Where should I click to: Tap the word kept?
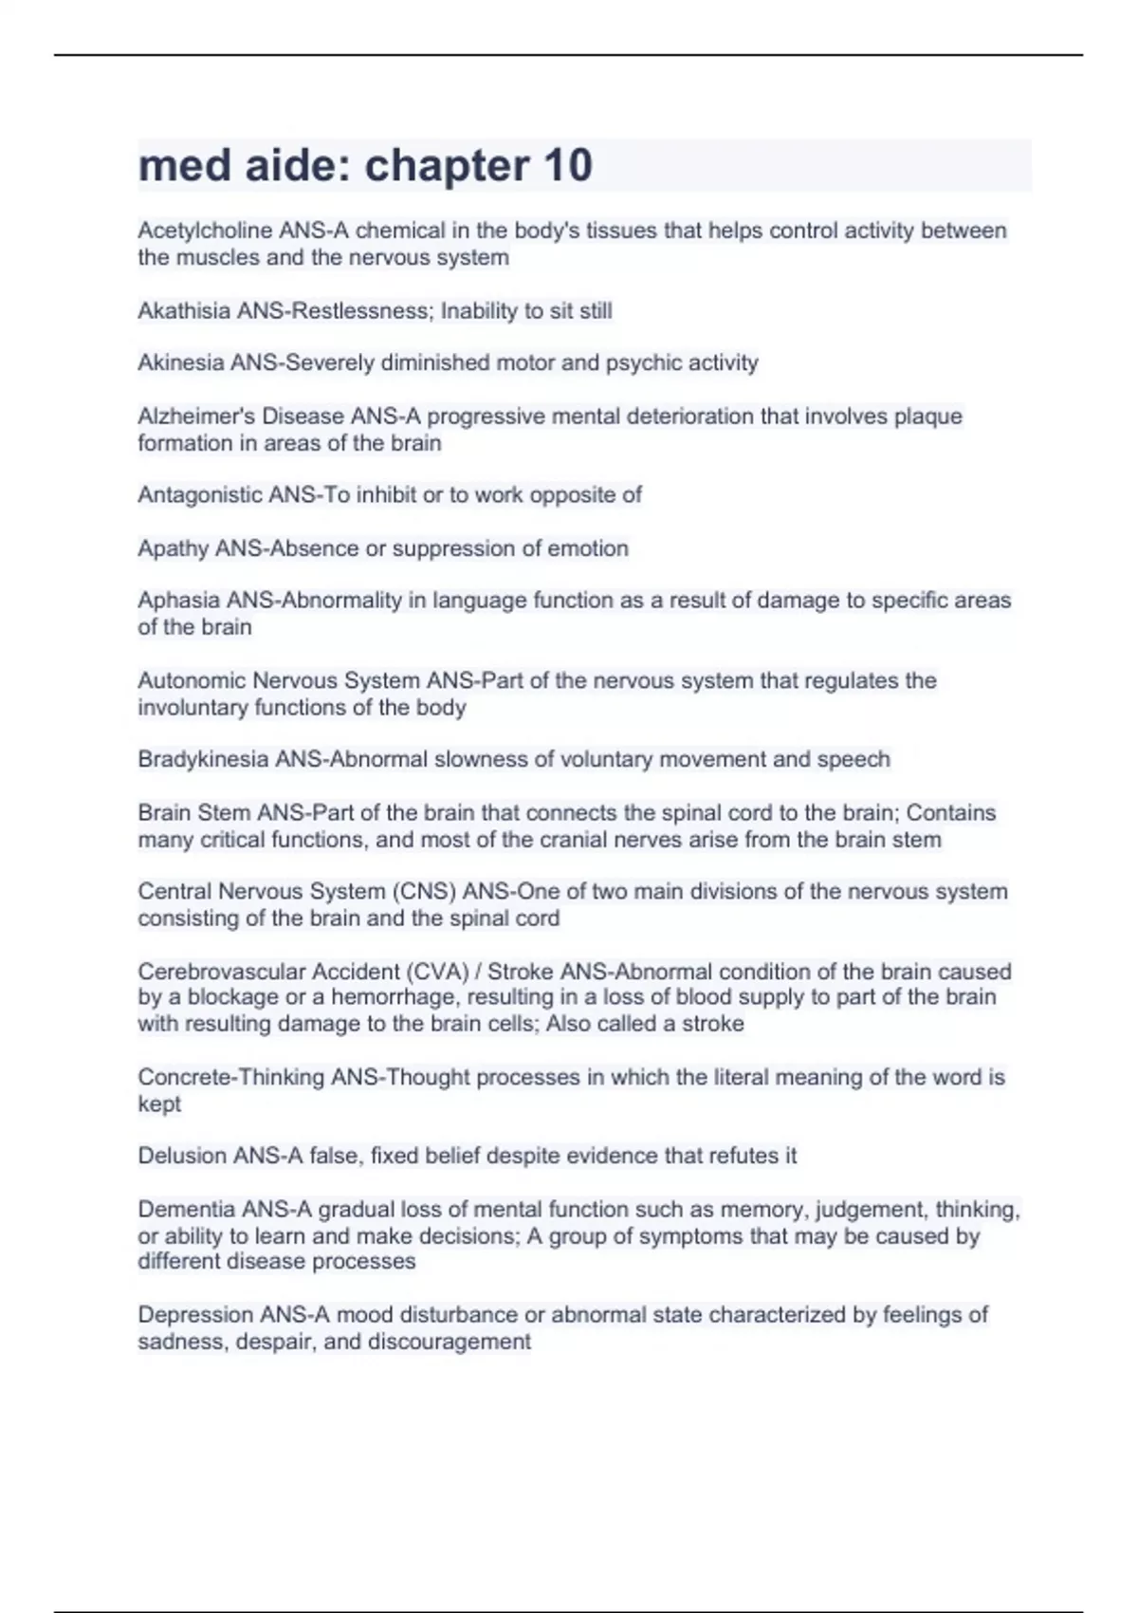coord(158,1103)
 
